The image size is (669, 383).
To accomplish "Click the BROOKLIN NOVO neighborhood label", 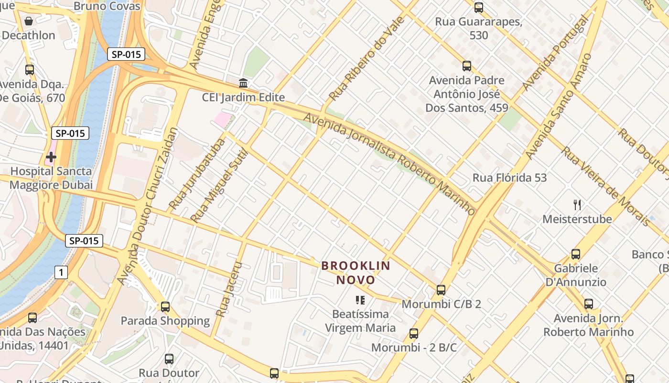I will [x=356, y=272].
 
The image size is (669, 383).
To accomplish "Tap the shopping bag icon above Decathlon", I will [x=29, y=21].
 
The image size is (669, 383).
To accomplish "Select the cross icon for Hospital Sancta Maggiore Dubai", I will [x=51, y=157].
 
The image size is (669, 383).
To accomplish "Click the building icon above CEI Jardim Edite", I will [x=243, y=83].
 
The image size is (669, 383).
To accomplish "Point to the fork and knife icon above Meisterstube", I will [x=577, y=205].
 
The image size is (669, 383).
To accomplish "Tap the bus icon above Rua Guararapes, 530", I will [x=479, y=8].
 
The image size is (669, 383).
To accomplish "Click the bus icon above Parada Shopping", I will [x=165, y=306].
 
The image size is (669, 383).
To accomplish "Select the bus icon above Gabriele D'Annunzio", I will [x=576, y=254].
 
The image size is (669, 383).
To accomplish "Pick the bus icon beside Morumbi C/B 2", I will [x=441, y=290].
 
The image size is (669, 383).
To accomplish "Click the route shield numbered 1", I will [x=61, y=272].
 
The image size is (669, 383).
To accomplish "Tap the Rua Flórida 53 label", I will [x=509, y=178].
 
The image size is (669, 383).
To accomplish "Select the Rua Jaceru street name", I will [x=229, y=289].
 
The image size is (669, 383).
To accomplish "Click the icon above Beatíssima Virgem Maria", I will [x=360, y=300].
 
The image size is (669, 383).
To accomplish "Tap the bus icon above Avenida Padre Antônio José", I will [x=467, y=66].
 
